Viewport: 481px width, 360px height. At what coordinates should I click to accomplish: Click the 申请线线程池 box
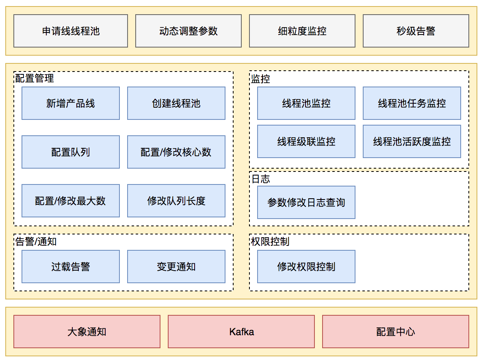(x=71, y=31)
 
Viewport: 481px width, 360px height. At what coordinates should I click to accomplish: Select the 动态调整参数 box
(x=188, y=31)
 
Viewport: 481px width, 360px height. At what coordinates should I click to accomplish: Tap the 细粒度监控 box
(x=302, y=31)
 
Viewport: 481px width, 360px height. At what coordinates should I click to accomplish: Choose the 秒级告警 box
(x=416, y=31)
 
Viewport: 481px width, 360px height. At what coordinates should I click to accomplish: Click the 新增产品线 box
(x=71, y=103)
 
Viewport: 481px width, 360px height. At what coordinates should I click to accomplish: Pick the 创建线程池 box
(x=176, y=103)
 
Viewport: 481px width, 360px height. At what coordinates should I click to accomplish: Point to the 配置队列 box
(x=71, y=152)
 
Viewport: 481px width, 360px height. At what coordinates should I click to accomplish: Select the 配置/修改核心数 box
(x=176, y=152)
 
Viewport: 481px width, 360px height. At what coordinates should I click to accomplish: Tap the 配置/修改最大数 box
(x=71, y=201)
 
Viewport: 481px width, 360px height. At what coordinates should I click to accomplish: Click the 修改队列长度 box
(x=176, y=201)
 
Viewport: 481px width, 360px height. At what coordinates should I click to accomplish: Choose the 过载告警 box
(x=71, y=267)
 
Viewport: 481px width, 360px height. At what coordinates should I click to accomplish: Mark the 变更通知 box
(x=176, y=267)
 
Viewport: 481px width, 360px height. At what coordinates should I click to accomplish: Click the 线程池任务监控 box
(x=412, y=103)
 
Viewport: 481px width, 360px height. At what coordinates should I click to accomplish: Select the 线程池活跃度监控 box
(x=412, y=141)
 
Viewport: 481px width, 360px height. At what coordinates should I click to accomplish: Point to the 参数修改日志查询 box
(x=306, y=202)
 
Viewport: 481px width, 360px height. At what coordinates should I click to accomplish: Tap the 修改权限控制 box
(x=306, y=267)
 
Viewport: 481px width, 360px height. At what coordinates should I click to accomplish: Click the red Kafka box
(x=241, y=332)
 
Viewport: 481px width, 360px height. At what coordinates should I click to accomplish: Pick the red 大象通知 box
(x=87, y=332)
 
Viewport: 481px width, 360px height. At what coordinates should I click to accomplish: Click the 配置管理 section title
(x=35, y=78)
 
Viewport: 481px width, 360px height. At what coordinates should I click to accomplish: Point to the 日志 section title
(x=260, y=179)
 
